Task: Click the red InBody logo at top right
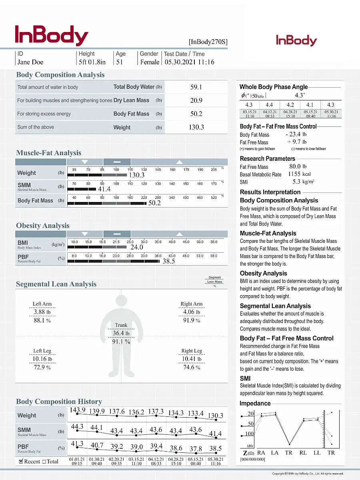point(296,40)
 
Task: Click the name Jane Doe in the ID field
point(30,62)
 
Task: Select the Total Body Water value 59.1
point(196,87)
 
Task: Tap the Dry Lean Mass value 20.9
point(196,100)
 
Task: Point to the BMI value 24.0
point(137,248)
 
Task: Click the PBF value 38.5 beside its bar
point(168,262)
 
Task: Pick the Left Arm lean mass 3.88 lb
point(42,312)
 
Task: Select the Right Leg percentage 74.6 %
point(192,367)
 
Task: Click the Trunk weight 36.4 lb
point(121,333)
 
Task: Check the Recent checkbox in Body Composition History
point(21,461)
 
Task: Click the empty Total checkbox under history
point(44,462)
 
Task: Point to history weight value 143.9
point(78,410)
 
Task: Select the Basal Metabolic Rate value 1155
point(294,174)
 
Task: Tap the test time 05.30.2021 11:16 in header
point(190,62)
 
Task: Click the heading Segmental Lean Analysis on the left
point(56,284)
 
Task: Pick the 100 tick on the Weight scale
point(116,170)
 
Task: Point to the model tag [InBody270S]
point(208,42)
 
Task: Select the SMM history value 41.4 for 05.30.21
point(215,434)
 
